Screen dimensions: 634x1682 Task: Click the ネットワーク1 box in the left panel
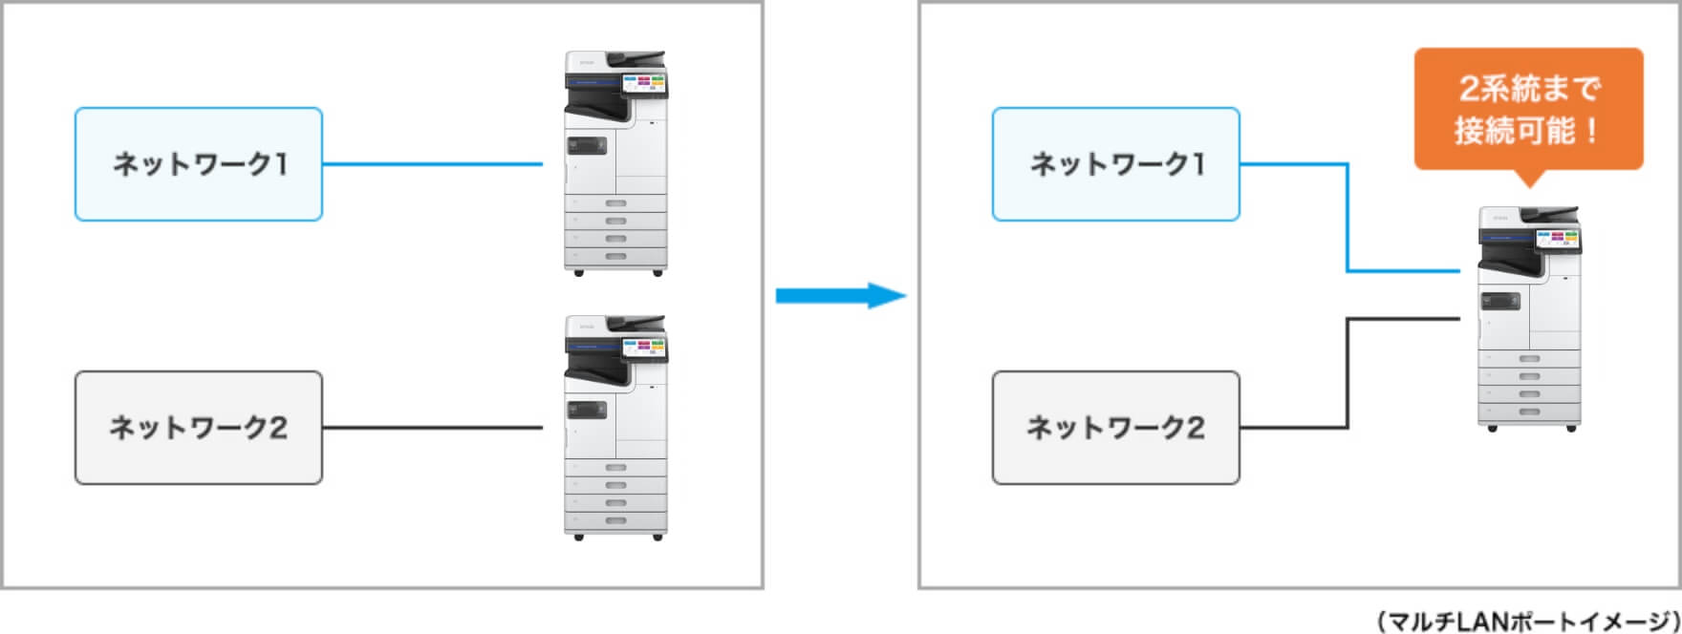click(x=199, y=164)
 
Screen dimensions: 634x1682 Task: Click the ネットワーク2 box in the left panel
click(x=199, y=428)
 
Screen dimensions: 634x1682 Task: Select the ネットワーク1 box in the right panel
click(x=1115, y=164)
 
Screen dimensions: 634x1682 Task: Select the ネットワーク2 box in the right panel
click(x=1115, y=428)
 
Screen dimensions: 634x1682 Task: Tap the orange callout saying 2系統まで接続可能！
click(x=1527, y=110)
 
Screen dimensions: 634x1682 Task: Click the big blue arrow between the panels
click(x=839, y=295)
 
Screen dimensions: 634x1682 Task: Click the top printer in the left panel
click(x=615, y=162)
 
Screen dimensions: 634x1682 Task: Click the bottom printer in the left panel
click(x=615, y=427)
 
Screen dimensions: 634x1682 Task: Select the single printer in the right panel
click(x=1529, y=318)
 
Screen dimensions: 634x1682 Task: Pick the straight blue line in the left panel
click(x=432, y=164)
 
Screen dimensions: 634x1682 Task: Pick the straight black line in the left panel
click(x=432, y=428)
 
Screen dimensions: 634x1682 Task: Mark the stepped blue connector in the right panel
click(x=1348, y=220)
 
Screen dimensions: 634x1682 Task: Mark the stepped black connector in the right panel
click(x=1348, y=372)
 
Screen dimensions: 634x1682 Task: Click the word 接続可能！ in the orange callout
click(x=1527, y=131)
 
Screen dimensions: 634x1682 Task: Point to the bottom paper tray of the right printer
click(x=1529, y=411)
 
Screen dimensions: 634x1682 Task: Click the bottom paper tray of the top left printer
click(x=615, y=256)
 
